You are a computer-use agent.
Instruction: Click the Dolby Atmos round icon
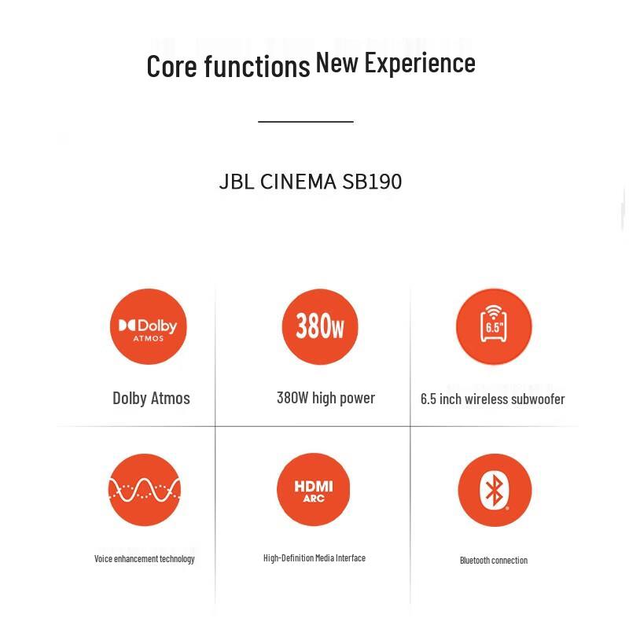point(149,326)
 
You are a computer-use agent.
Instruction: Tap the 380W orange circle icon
point(320,326)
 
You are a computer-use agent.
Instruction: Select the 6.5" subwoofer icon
point(494,326)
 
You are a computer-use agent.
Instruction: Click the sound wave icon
point(145,490)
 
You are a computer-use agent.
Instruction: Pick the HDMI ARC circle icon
point(313,490)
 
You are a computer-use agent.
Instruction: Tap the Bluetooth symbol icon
point(495,491)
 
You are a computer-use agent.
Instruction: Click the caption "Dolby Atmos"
point(151,398)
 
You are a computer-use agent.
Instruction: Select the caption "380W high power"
point(326,398)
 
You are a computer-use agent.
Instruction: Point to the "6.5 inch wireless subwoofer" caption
point(492,399)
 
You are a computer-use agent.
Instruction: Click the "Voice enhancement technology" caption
point(145,559)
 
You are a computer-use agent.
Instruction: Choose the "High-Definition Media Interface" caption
point(314,558)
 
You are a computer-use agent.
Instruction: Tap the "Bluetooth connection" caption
point(494,561)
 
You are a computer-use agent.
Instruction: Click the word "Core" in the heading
point(171,66)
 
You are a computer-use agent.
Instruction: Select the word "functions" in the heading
point(257,67)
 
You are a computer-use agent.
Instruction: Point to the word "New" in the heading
point(337,63)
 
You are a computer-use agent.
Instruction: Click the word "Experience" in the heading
point(420,63)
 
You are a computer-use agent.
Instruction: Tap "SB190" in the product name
point(372,182)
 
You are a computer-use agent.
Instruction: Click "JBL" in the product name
point(237,182)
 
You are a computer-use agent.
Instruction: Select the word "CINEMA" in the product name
point(298,182)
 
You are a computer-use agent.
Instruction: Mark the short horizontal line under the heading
point(306,122)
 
